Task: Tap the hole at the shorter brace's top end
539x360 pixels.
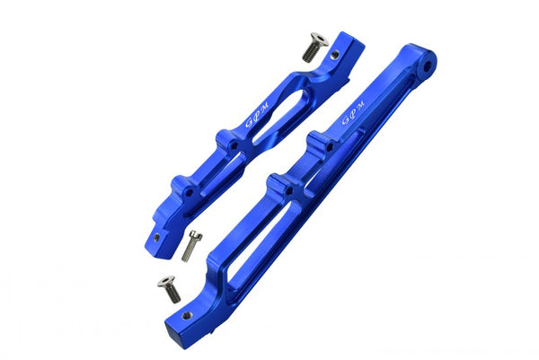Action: tap(334, 55)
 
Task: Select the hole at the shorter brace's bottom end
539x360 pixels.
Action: tap(156, 238)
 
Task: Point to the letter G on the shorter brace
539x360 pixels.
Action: tap(251, 123)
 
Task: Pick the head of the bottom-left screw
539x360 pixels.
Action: tap(164, 282)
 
